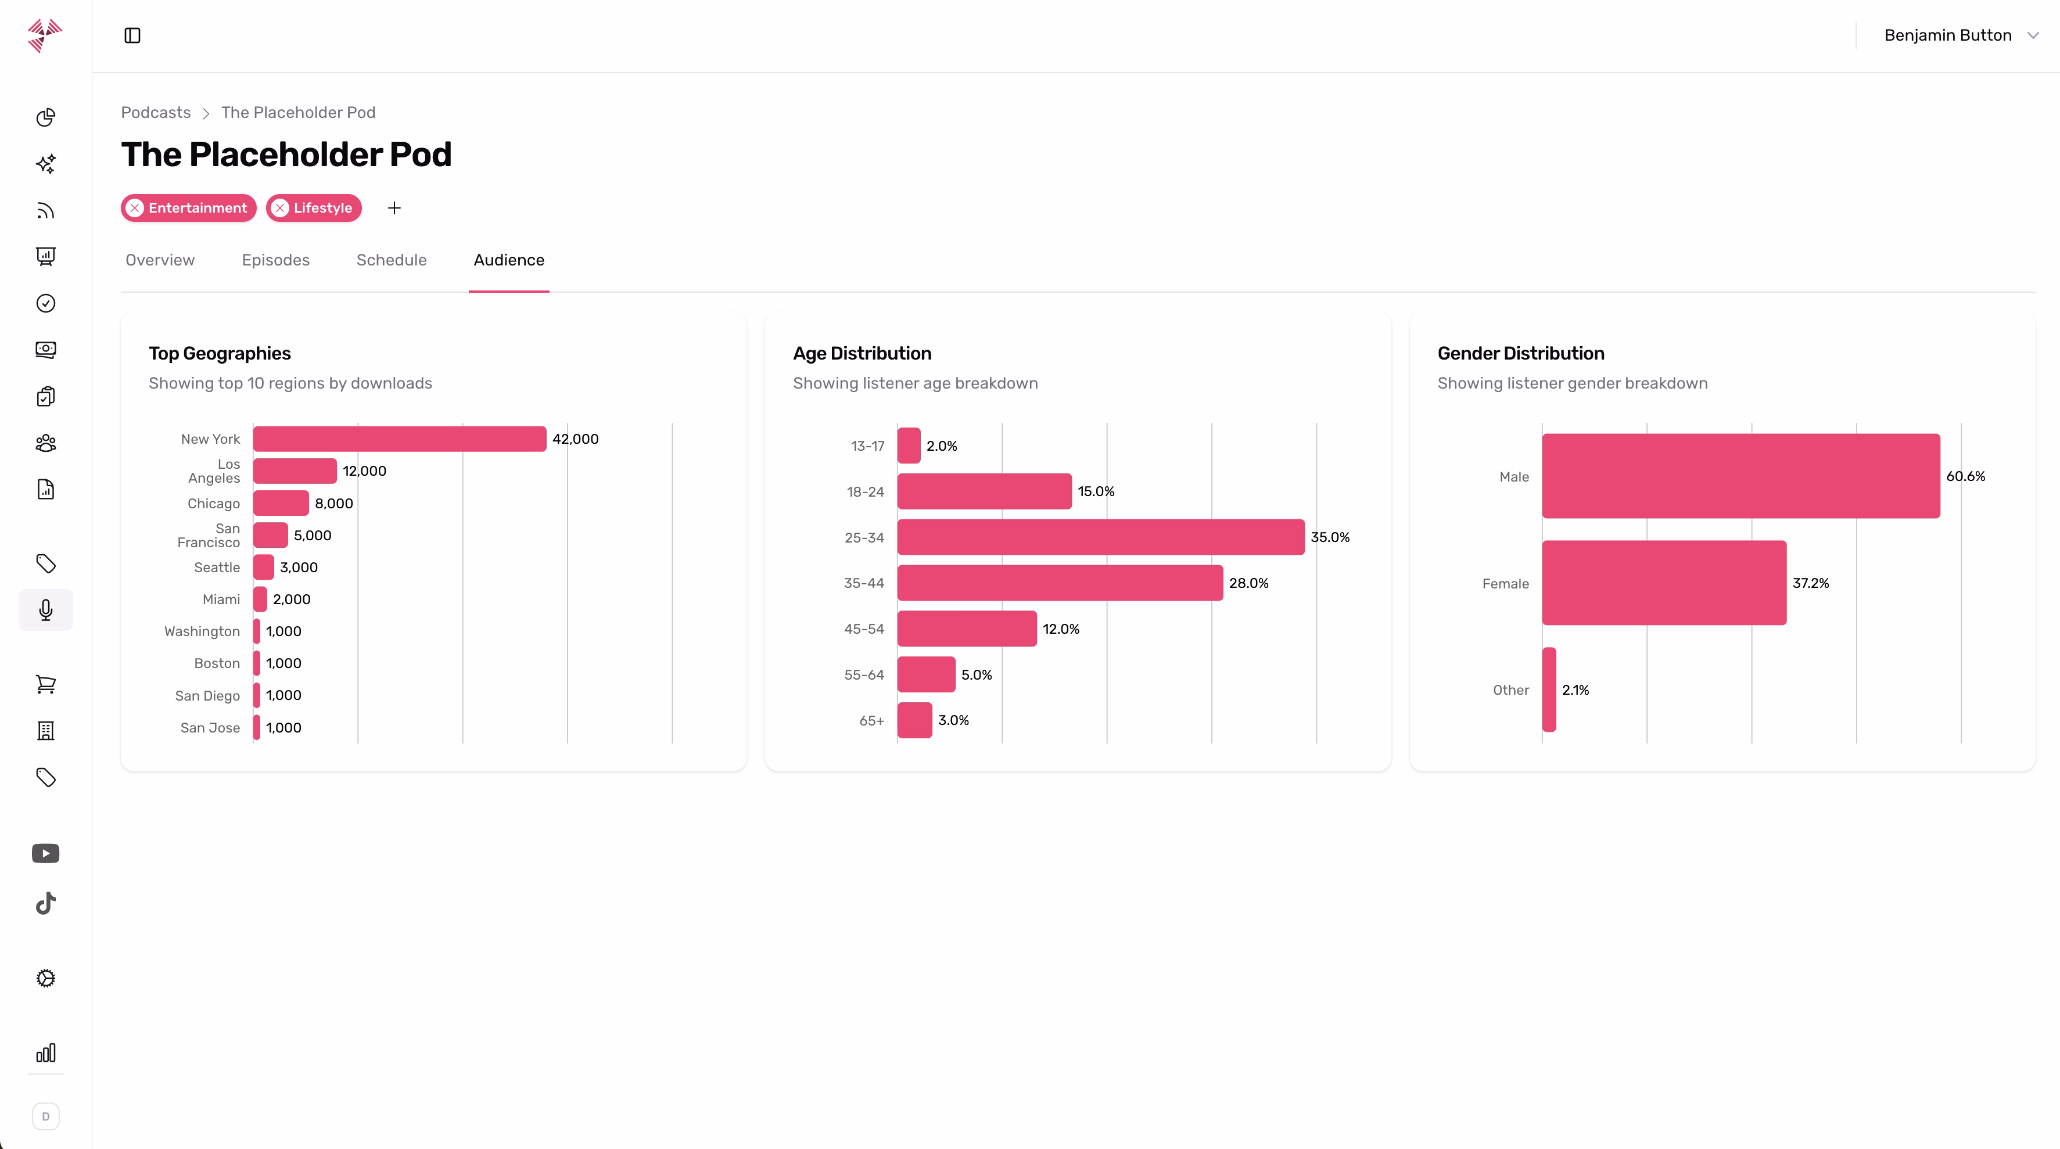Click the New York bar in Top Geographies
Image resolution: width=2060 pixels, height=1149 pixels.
tap(399, 439)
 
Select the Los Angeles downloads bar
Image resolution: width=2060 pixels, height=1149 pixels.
tap(295, 471)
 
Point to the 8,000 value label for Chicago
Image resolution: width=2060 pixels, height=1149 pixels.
tap(333, 504)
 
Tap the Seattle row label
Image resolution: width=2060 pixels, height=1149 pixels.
tap(217, 568)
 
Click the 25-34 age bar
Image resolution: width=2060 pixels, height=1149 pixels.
tap(1100, 537)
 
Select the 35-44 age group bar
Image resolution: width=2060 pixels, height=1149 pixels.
tap(1060, 583)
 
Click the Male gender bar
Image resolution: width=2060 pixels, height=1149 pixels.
tap(1740, 476)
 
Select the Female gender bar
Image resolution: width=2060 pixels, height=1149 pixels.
tap(1663, 583)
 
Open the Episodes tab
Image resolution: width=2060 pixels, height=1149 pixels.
tap(275, 260)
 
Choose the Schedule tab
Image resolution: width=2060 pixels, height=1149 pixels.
tap(391, 260)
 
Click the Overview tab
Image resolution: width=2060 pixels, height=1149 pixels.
tap(160, 260)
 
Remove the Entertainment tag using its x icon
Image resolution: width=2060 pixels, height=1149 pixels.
tap(135, 208)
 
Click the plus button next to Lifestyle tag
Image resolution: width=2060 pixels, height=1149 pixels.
tap(394, 208)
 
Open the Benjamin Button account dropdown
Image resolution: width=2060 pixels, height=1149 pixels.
tap(1959, 35)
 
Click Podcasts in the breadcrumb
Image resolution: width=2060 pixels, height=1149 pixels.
tap(156, 113)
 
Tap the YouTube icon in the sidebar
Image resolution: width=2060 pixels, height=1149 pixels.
tap(45, 854)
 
